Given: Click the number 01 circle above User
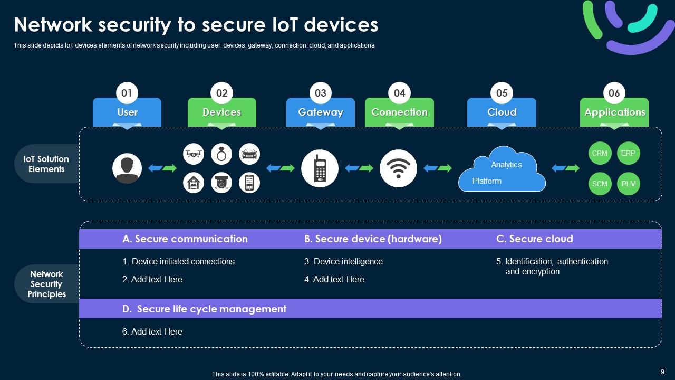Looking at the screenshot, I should pyautogui.click(x=127, y=93).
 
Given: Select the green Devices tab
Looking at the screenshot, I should pyautogui.click(x=221, y=112).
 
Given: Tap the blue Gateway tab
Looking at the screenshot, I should pyautogui.click(x=320, y=112).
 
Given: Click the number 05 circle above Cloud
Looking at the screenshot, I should pyautogui.click(x=502, y=93).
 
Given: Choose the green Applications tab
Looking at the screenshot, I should pyautogui.click(x=614, y=112).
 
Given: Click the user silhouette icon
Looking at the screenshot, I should pyautogui.click(x=127, y=168).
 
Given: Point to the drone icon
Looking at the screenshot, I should pyautogui.click(x=194, y=154).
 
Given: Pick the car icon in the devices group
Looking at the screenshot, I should pyautogui.click(x=249, y=154).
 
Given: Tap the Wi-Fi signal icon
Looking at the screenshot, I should pyautogui.click(x=398, y=168).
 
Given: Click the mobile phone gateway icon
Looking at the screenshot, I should pyautogui.click(x=320, y=168).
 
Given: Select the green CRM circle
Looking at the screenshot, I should pyautogui.click(x=600, y=154).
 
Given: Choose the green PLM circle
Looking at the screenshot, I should pyautogui.click(x=629, y=184).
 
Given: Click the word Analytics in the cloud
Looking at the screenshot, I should pyautogui.click(x=506, y=165).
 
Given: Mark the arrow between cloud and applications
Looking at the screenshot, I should pyautogui.click(x=565, y=168).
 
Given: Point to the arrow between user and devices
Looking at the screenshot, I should pyautogui.click(x=162, y=168).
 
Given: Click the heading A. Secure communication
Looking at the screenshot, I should pyautogui.click(x=185, y=239).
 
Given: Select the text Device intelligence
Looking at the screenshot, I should pyautogui.click(x=348, y=261).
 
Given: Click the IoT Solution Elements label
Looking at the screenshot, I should pyautogui.click(x=46, y=164).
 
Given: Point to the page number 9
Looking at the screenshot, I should pyautogui.click(x=662, y=372).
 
